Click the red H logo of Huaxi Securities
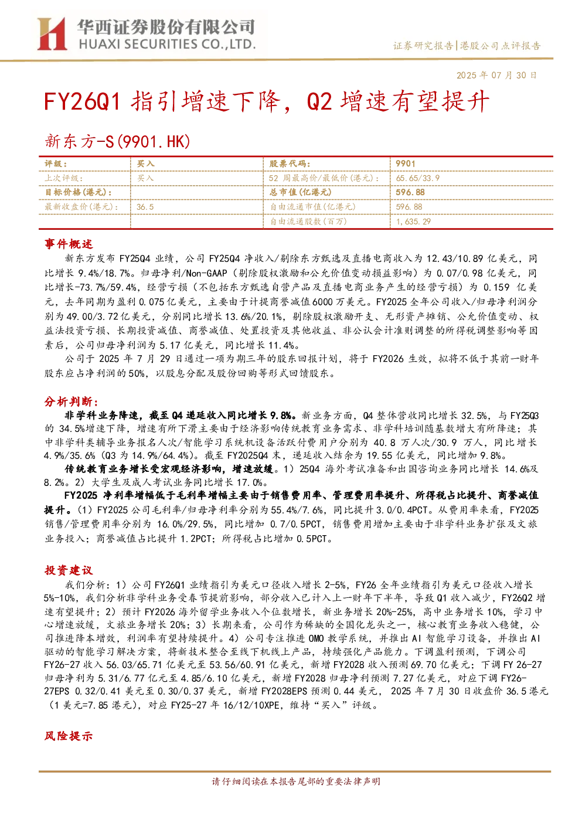[52, 33]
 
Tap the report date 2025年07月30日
[496, 75]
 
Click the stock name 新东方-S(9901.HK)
[118, 141]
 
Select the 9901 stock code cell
[405, 164]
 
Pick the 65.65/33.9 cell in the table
[417, 178]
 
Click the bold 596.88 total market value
[410, 192]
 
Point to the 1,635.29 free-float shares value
[413, 222]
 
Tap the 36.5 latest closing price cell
[145, 207]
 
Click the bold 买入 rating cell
[145, 164]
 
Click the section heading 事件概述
[69, 244]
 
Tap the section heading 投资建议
[69, 570]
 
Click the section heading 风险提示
[69, 736]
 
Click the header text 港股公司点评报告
[500, 46]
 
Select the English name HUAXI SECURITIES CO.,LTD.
[167, 45]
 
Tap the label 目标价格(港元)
[79, 192]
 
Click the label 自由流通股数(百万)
[308, 222]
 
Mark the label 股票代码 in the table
[290, 164]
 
